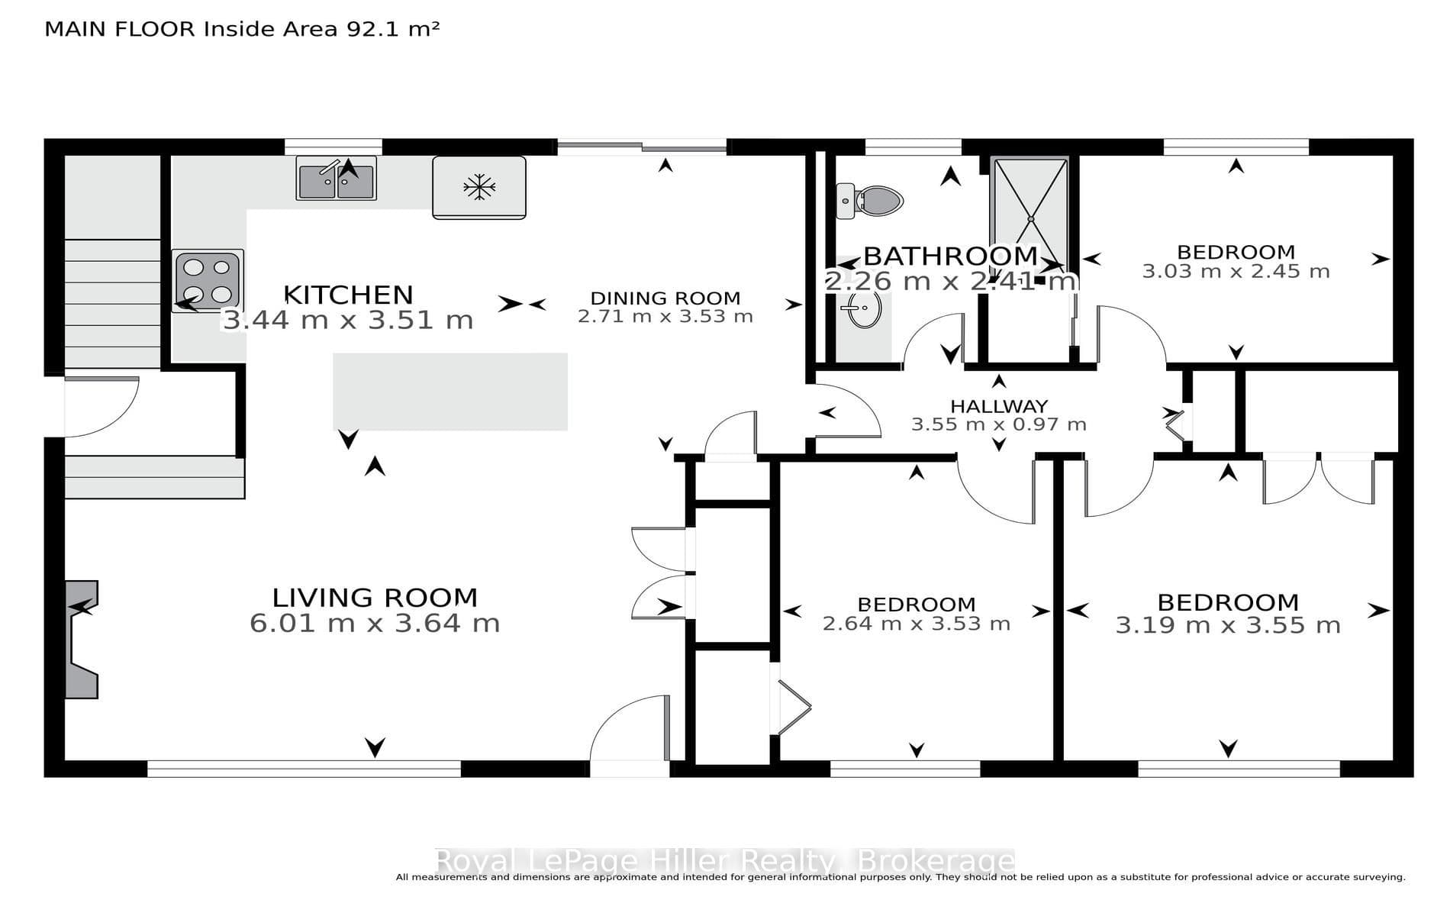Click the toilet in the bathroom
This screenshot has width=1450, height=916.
click(x=869, y=201)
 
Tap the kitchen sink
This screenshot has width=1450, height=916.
click(x=337, y=179)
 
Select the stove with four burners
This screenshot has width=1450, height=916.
click(x=208, y=279)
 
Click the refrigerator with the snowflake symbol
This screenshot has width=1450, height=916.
click(x=479, y=188)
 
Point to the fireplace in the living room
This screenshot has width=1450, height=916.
click(x=81, y=640)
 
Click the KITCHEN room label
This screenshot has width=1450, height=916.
click(x=348, y=295)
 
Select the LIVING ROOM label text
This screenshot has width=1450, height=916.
click(x=375, y=597)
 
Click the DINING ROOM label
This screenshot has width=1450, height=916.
click(x=665, y=298)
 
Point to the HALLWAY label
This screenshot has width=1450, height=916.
click(x=999, y=406)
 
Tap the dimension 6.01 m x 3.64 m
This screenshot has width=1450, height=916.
click(x=375, y=623)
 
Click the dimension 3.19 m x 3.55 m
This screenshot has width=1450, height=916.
click(x=1228, y=625)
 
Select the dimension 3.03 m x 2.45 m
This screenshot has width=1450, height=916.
click(x=1236, y=271)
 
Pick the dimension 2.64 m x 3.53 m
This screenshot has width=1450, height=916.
click(x=917, y=624)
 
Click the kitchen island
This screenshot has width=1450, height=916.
click(x=450, y=392)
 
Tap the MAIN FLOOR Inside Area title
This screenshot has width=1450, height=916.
click(x=242, y=29)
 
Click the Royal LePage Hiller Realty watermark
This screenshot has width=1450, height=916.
click(x=724, y=861)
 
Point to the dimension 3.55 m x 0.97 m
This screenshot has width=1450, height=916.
click(x=999, y=424)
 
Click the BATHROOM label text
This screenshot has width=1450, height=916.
click(x=950, y=256)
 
